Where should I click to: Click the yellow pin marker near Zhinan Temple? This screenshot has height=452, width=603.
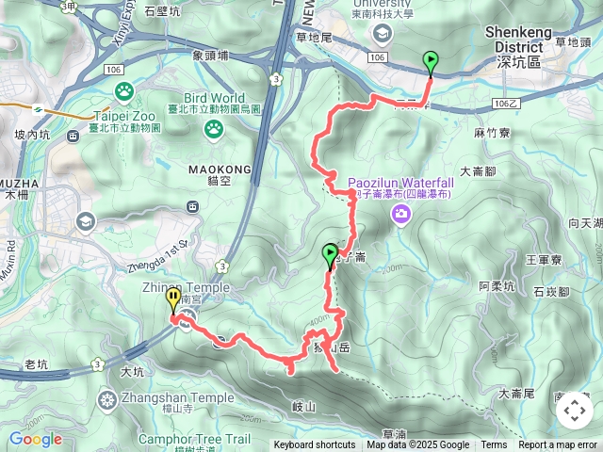[x=173, y=300]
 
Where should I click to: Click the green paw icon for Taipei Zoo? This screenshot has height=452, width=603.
[x=124, y=91]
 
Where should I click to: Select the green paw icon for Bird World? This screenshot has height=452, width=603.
[x=214, y=127]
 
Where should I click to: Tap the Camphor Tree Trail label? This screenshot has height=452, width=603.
[x=194, y=439]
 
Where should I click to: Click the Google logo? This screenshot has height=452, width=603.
[x=35, y=439]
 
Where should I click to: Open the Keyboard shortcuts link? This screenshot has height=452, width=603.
[x=315, y=445]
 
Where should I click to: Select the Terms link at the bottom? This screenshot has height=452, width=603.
[x=494, y=445]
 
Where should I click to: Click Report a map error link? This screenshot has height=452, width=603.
[x=558, y=445]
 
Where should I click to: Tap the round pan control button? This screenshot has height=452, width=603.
[x=573, y=411]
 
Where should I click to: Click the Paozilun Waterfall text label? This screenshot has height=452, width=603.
[x=400, y=182]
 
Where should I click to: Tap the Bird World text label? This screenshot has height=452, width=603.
[x=215, y=98]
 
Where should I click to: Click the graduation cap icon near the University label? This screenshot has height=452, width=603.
[x=382, y=34]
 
